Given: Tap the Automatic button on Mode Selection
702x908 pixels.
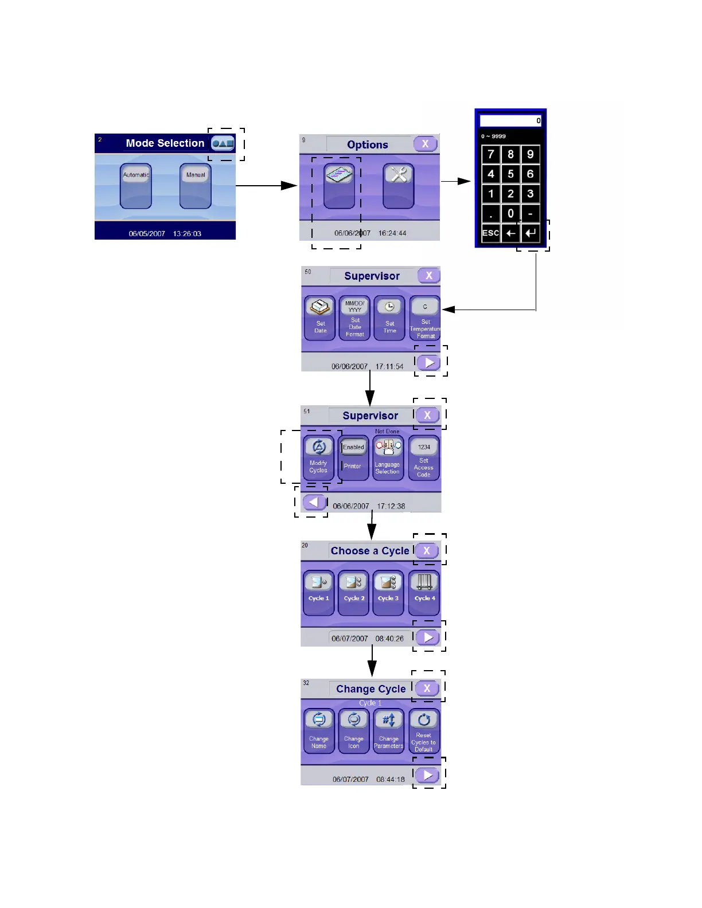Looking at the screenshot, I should pos(136,186).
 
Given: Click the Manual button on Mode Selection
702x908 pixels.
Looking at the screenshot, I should pos(196,186).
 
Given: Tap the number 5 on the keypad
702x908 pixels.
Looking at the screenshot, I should pos(510,174).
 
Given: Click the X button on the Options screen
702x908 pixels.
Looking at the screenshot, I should pos(425,144).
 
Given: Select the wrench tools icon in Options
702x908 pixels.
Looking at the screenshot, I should pos(399,186).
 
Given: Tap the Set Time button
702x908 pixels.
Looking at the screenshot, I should pos(389,318).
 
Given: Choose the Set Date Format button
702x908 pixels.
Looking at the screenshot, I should pos(355,318).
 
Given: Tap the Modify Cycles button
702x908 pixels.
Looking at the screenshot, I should pos(319,457).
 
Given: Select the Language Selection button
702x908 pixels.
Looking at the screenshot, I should pos(388,457).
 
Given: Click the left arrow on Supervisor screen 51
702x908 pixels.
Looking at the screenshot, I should pos(313,502).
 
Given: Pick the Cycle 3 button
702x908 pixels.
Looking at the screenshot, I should pos(388,592).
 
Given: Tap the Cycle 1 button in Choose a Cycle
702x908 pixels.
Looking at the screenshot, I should pos(319,592).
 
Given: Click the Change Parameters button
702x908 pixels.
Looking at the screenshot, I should pos(389,730).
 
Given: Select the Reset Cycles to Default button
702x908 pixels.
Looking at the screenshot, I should pos(424,730).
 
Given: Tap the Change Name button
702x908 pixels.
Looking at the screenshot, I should pos(319,730).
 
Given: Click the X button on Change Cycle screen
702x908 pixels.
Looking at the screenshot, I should pos(427,688).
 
